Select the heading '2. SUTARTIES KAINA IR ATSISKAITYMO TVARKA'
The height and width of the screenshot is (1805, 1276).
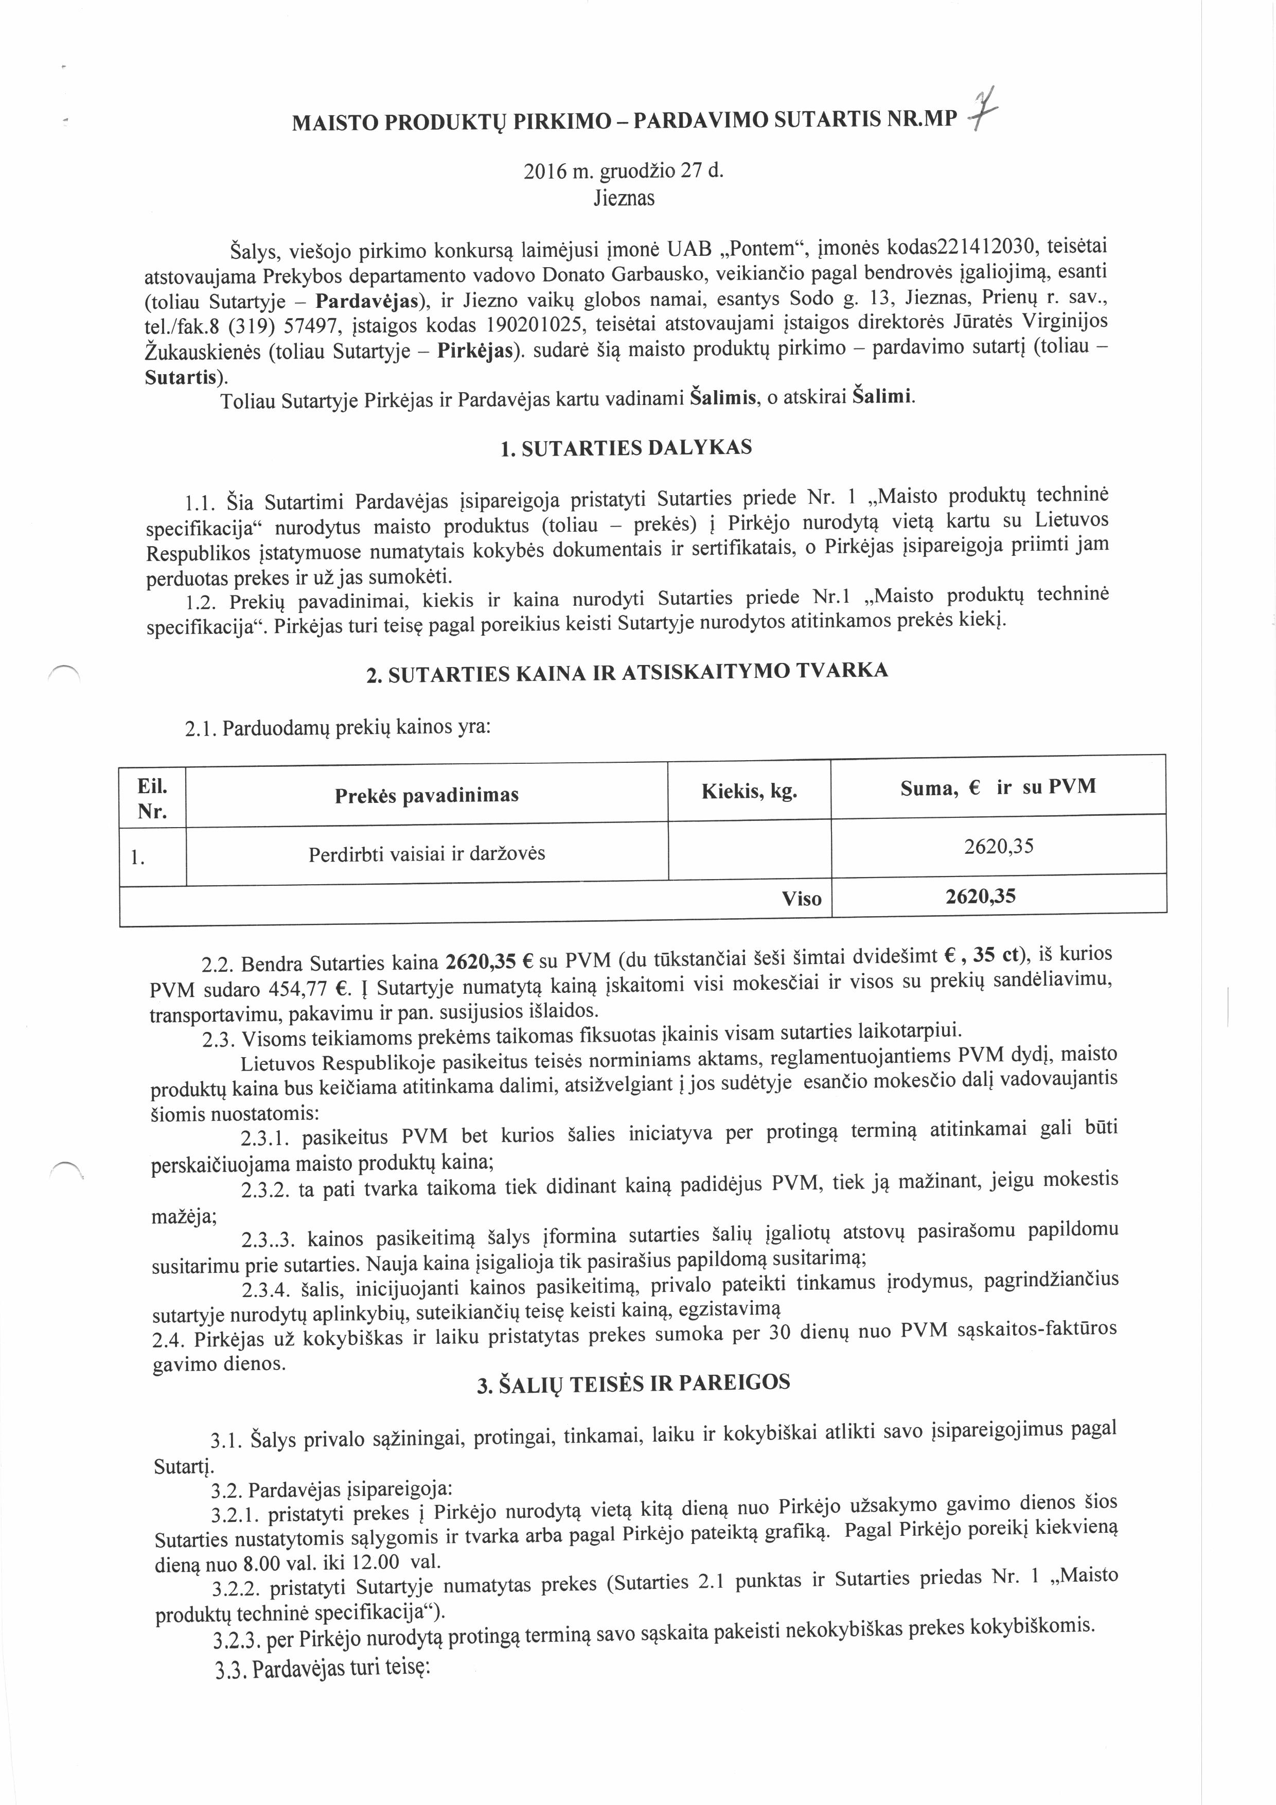[x=627, y=673]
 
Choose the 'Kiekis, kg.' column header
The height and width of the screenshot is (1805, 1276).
[x=749, y=791]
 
